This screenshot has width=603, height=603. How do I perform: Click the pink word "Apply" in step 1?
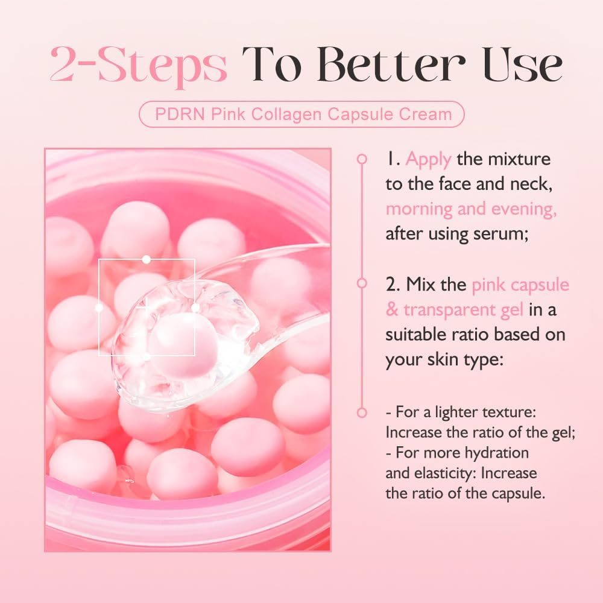click(x=428, y=159)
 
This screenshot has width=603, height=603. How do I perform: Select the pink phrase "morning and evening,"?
click(x=471, y=209)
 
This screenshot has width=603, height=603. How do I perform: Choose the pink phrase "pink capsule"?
click(x=520, y=284)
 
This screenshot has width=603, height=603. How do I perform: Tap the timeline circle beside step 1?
click(x=362, y=159)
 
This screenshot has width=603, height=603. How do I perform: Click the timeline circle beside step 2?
click(x=362, y=283)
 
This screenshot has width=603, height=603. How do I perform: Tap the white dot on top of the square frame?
click(x=146, y=259)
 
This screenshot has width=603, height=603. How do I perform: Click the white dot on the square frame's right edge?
click(x=195, y=308)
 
